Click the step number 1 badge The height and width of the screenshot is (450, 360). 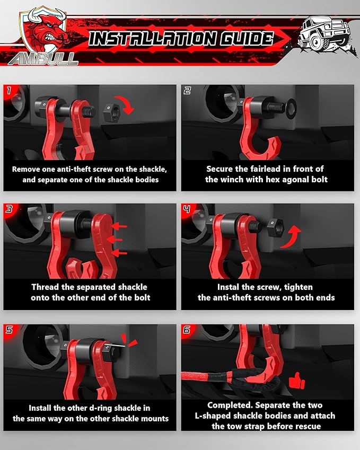click(10, 90)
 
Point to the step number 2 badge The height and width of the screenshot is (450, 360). click(187, 90)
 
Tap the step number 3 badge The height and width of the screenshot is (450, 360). click(10, 209)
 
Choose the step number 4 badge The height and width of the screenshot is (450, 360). click(187, 209)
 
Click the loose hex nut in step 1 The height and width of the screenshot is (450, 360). click(111, 111)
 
